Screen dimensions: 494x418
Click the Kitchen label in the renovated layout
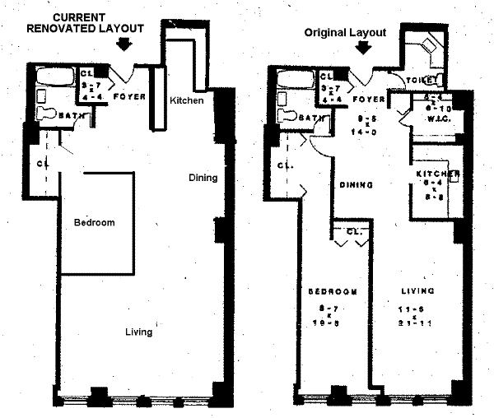(x=187, y=100)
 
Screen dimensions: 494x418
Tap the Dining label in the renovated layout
(x=203, y=177)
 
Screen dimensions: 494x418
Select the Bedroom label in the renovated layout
(x=94, y=222)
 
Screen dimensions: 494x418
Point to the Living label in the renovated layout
(x=138, y=332)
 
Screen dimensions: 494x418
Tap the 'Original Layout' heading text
(x=345, y=33)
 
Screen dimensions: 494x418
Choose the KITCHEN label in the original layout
(x=437, y=175)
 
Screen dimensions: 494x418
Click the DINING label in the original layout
(x=357, y=185)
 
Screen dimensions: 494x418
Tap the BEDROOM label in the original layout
(x=333, y=292)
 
